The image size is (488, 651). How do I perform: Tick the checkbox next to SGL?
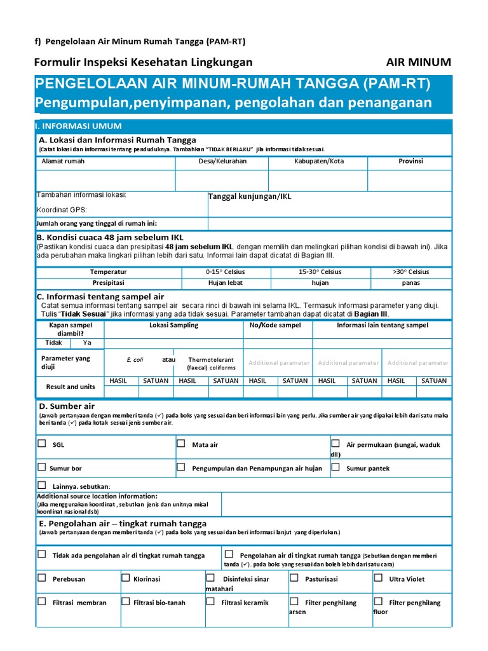tap(41, 444)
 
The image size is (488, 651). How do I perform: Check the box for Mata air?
tap(181, 444)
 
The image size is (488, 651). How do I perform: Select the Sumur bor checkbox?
tap(41, 467)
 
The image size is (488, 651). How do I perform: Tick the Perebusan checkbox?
tap(41, 578)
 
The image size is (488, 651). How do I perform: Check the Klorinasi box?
tap(125, 578)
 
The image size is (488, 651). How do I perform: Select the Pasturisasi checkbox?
tap(294, 578)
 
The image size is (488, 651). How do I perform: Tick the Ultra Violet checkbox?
tap(377, 578)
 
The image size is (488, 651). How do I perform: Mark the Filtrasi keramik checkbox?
tap(210, 601)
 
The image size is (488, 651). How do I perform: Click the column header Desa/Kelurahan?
tap(222, 161)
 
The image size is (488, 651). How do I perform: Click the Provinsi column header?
tap(410, 161)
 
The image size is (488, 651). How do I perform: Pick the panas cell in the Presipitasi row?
tap(410, 283)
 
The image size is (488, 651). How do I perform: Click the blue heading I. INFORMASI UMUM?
tap(81, 126)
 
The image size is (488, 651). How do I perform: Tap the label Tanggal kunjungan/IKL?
tap(250, 197)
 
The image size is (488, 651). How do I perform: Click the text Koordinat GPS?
tap(62, 210)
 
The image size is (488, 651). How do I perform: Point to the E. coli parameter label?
tap(135, 360)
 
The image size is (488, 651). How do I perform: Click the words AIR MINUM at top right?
tap(418, 62)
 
